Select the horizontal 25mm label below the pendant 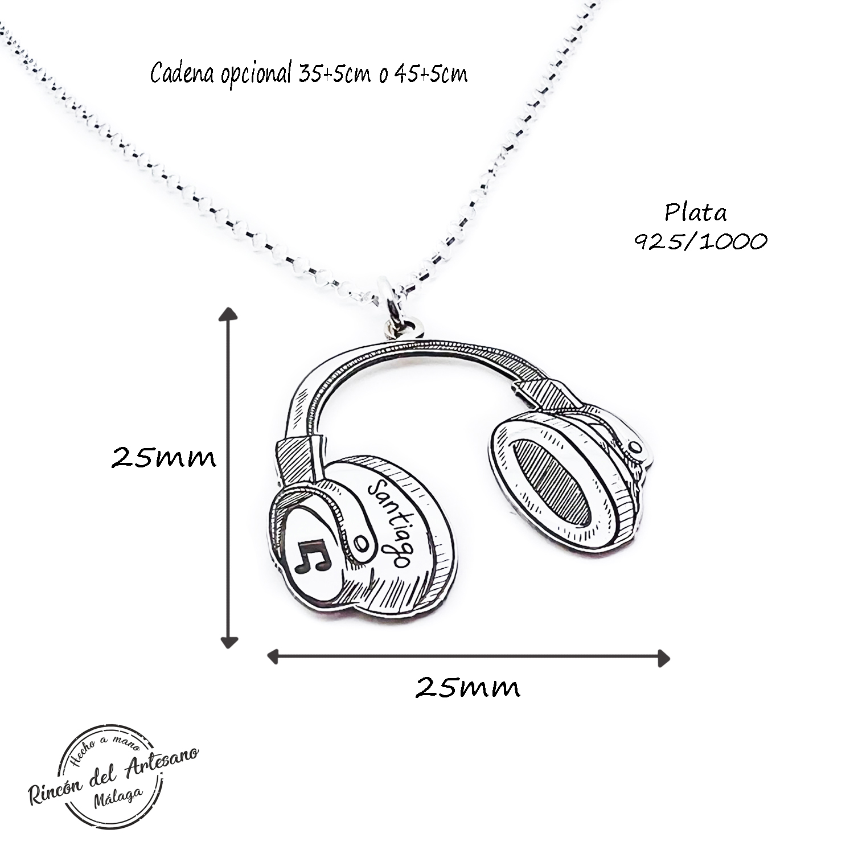tap(467, 688)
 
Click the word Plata tap(696, 213)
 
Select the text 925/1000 tap(701, 242)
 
